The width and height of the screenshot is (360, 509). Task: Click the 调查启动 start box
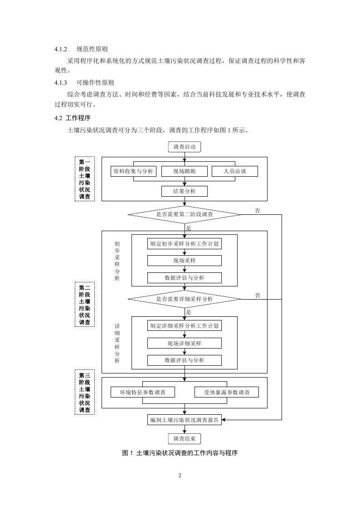click(184, 147)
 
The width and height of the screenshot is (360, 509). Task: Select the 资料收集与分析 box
click(133, 171)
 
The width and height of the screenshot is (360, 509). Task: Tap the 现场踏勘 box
click(184, 171)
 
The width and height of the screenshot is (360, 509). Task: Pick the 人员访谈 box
click(234, 171)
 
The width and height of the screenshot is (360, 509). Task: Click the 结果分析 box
click(184, 191)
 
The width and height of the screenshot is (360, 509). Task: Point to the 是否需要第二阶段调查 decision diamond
click(184, 214)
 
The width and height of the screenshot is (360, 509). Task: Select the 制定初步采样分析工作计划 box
click(184, 243)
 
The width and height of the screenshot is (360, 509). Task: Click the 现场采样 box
click(184, 261)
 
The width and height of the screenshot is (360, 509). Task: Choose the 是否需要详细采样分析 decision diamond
click(184, 299)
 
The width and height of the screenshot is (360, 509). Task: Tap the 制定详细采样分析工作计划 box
click(184, 325)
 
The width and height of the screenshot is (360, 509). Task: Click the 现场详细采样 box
click(184, 343)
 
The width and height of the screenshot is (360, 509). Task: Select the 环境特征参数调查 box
click(142, 392)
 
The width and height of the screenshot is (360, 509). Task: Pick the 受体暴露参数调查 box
click(226, 392)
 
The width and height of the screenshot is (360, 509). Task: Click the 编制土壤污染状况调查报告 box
click(184, 420)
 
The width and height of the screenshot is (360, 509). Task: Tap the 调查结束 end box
click(184, 439)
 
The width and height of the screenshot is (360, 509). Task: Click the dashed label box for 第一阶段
click(84, 179)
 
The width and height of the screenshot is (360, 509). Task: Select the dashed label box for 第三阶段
click(84, 392)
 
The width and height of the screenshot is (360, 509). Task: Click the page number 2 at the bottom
click(180, 475)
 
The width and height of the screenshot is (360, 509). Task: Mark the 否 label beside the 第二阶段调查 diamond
click(258, 211)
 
